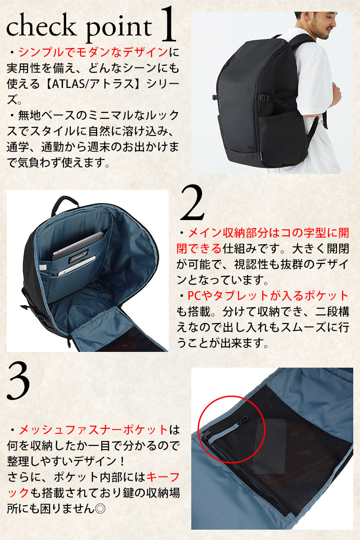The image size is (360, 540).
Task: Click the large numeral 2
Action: point(193,203)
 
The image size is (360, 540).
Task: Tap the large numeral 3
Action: point(18,382)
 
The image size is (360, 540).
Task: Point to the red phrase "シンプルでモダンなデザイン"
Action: point(93,52)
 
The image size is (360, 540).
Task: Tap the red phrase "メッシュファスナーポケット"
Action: point(93,430)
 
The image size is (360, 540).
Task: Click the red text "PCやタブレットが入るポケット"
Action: point(268,296)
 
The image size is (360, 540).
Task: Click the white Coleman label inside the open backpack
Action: point(79,256)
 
